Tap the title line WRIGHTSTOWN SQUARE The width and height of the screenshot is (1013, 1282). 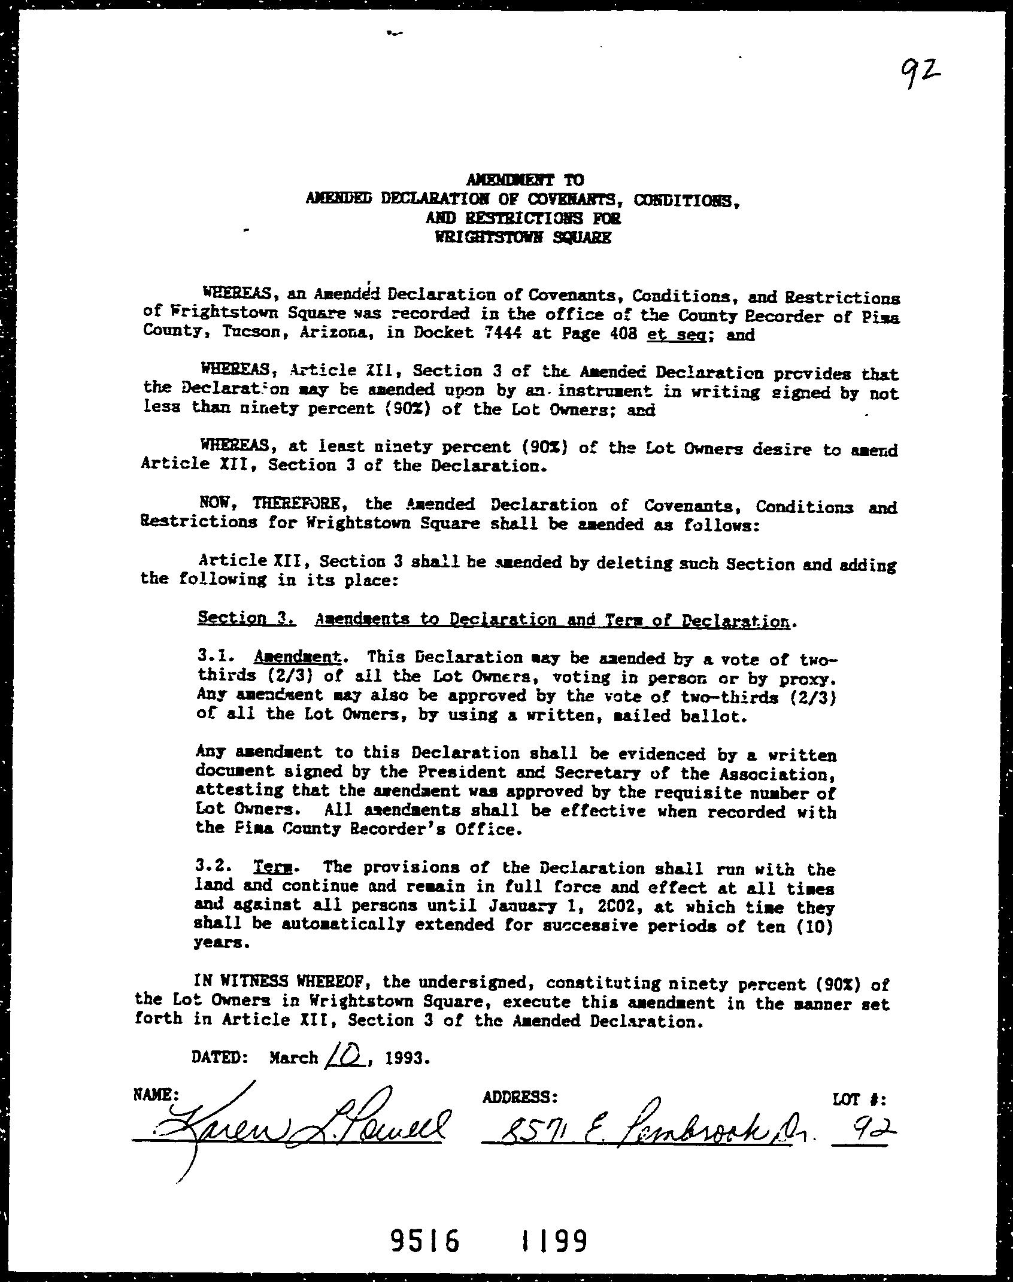(523, 237)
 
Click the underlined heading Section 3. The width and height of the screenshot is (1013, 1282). (246, 618)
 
